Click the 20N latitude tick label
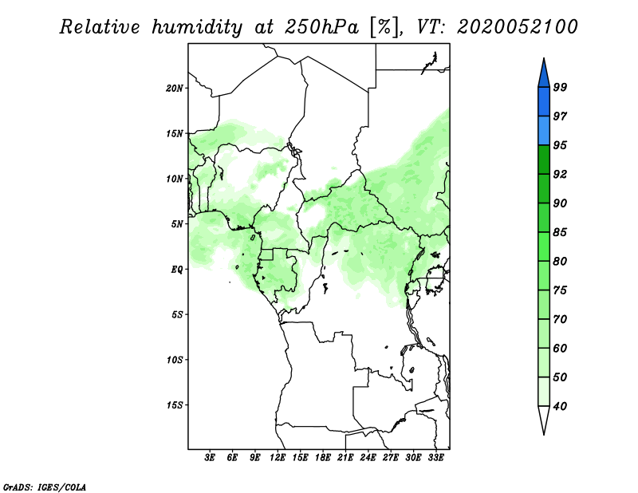tap(175, 89)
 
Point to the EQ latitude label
tap(177, 270)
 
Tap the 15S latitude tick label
tap(175, 405)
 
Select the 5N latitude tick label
tap(177, 224)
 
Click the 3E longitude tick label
tap(209, 458)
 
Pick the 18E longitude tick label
tap(323, 458)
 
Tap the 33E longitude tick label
tap(435, 458)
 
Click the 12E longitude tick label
tap(277, 458)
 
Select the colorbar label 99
tap(560, 87)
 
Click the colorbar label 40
tap(560, 406)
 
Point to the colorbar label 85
tap(560, 232)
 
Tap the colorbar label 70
tap(560, 319)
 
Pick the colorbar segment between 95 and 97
tap(544, 131)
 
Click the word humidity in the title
tap(197, 27)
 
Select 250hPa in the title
tap(321, 27)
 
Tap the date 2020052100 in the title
tap(518, 27)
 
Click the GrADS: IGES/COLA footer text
tap(45, 487)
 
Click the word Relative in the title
tap(100, 27)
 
